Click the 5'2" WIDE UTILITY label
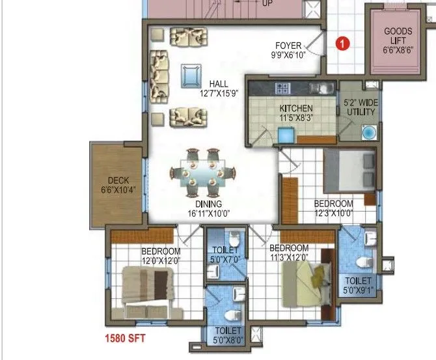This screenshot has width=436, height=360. pyautogui.click(x=360, y=107)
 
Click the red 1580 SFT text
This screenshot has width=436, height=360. pyautogui.click(x=125, y=338)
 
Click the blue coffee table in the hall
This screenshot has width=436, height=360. pyautogui.click(x=191, y=76)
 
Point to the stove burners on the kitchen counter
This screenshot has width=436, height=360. pyautogui.click(x=284, y=88)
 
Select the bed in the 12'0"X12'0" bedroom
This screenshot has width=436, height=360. pyautogui.click(x=147, y=286)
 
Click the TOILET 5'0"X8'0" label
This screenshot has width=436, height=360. pyautogui.click(x=225, y=335)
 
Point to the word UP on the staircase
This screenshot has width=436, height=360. pyautogui.click(x=267, y=3)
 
